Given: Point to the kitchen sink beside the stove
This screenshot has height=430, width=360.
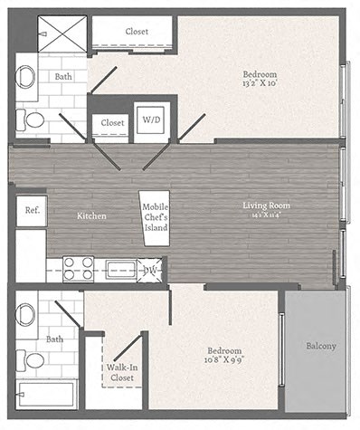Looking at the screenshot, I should [119, 269].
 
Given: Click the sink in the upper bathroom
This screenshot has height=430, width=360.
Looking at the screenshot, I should [26, 76].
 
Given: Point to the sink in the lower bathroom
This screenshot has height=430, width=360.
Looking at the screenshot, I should [26, 315].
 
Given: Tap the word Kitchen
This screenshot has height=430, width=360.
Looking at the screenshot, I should [92, 216].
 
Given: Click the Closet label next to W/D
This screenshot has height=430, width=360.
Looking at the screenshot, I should [112, 122].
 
